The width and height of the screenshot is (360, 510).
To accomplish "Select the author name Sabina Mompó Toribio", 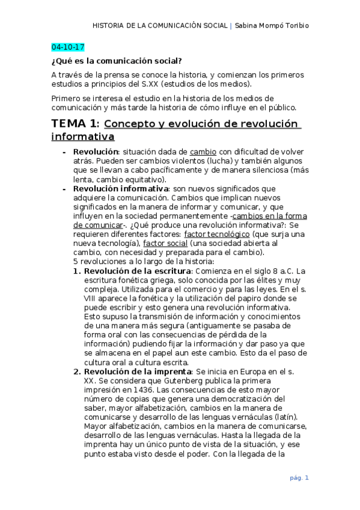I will (x=273, y=26).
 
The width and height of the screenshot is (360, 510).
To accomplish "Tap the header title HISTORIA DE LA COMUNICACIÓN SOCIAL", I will (x=160, y=26).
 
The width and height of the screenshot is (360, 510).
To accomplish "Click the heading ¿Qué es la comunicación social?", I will (x=117, y=61).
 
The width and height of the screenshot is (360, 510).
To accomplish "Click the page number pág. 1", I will (x=299, y=478).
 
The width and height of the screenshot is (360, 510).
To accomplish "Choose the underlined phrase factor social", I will (x=165, y=243).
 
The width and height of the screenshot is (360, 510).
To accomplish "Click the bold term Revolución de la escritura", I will (x=130, y=271).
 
